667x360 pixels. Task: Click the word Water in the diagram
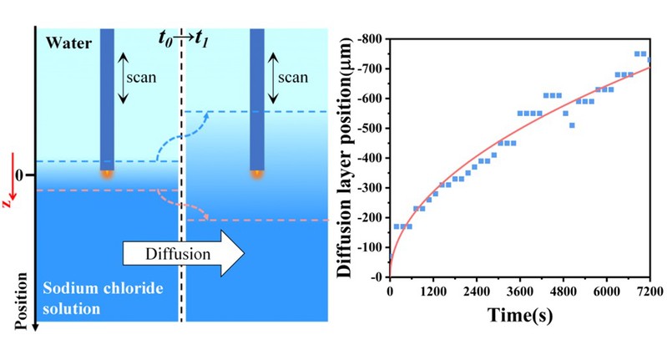65,42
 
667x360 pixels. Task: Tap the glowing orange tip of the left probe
106,175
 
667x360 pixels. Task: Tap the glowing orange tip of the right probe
257,175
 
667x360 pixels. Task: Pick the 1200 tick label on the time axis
432,292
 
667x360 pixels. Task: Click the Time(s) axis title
519,316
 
